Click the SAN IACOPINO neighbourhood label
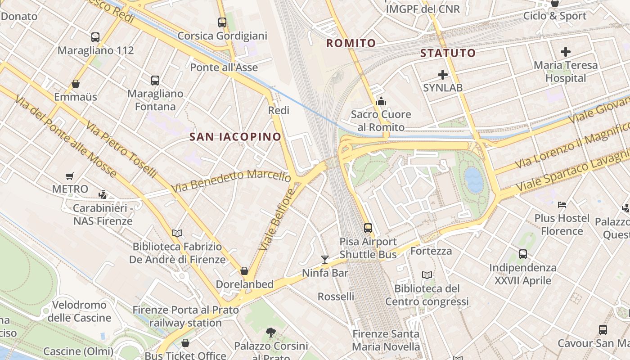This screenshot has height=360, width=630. [235, 137]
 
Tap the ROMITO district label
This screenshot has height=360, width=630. [351, 43]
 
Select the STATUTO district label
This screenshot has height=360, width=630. [448, 53]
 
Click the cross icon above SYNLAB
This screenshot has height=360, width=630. [443, 75]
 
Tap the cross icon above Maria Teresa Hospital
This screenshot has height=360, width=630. [566, 52]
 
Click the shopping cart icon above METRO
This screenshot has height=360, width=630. [69, 176]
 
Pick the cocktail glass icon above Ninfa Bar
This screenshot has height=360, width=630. [324, 259]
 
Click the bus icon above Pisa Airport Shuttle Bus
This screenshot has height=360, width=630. [368, 228]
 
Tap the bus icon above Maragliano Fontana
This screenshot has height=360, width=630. [155, 81]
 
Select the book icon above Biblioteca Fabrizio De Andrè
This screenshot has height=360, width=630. [177, 233]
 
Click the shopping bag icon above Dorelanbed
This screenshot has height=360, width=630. [244, 271]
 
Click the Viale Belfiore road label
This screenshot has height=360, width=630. [277, 219]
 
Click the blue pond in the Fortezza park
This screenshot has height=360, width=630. [474, 180]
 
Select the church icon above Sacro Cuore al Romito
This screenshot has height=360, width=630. [381, 101]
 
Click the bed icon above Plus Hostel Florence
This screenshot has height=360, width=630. [562, 205]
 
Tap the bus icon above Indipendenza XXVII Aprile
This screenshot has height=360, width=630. [522, 254]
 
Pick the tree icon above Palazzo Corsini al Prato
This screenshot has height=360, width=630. [270, 333]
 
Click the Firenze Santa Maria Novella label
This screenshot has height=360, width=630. [386, 340]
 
